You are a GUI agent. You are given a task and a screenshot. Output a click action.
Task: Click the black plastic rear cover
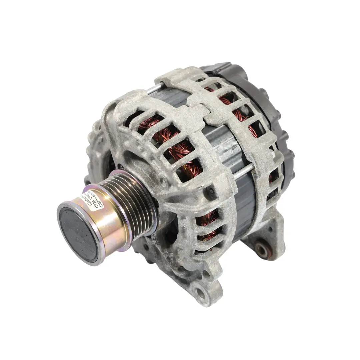263,100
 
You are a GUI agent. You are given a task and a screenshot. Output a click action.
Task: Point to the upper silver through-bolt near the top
154,89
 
